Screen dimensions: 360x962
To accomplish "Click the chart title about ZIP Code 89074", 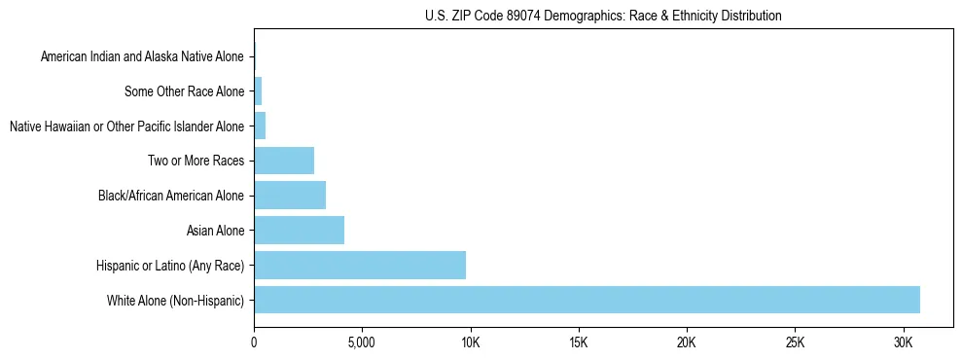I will pos(603,16).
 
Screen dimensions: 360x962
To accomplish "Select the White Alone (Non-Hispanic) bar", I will pos(587,300).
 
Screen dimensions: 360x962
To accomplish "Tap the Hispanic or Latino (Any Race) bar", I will pos(360,265).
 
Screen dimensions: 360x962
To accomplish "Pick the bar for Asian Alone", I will pos(299,231).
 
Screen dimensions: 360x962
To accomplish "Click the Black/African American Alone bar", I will pos(290,196).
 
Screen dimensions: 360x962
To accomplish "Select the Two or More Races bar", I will pos(284,161).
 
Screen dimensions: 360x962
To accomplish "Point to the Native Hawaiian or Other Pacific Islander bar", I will pos(260,126).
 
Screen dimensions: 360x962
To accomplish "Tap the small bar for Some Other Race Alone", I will pos(258,91).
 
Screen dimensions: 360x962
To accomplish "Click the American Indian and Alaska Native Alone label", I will pos(142,56).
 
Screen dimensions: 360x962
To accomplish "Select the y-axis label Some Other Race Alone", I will pos(185,91).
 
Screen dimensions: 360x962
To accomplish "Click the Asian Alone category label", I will pos(215,231).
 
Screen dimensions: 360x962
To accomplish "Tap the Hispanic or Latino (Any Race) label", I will pos(170,265).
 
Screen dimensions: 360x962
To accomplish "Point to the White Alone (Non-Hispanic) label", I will pos(176,300).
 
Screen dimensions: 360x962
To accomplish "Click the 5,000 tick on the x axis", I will pos(361,343).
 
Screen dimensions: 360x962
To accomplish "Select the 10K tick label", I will pos(470,343).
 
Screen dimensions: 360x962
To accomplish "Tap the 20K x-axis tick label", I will pos(687,343).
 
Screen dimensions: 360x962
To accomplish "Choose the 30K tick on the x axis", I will pos(903,343).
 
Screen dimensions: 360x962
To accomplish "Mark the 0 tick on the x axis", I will pos(254,343).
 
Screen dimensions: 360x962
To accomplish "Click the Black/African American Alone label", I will pos(171,196).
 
